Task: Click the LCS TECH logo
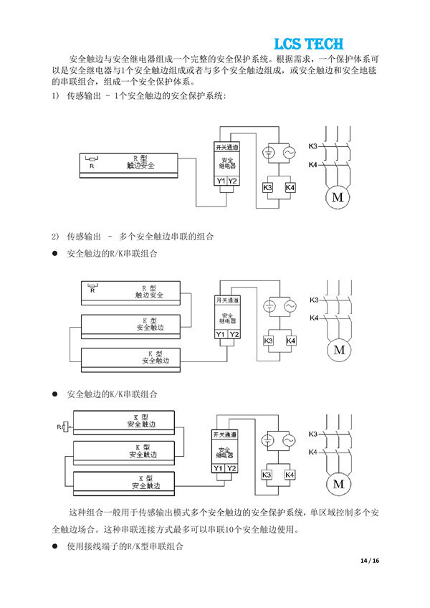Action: click(308, 44)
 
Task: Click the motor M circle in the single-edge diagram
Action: click(336, 197)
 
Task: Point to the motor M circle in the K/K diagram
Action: click(338, 485)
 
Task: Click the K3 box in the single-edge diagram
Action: click(267, 187)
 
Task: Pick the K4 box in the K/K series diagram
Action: click(290, 475)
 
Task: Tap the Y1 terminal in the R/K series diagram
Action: click(220, 335)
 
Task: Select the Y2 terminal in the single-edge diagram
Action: click(232, 181)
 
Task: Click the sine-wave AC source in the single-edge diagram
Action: click(290, 153)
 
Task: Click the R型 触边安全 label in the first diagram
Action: click(140, 161)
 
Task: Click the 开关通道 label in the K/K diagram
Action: click(224, 434)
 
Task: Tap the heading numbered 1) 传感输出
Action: click(136, 95)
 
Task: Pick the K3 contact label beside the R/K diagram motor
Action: click(314, 300)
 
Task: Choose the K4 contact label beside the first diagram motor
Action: click(312, 166)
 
